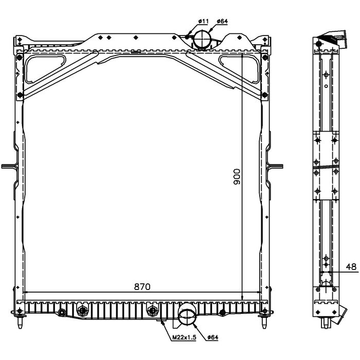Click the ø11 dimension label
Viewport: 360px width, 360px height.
(x=203, y=21)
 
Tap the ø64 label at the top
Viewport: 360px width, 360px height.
(x=222, y=21)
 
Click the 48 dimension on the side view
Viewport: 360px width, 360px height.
(x=351, y=266)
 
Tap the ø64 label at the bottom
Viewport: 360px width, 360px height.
(x=213, y=337)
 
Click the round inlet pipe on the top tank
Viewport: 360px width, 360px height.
(x=202, y=38)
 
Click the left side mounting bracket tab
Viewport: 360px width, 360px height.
(x=9, y=166)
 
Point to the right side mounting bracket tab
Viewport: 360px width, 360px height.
(x=277, y=166)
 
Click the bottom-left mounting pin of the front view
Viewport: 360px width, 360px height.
(x=19, y=323)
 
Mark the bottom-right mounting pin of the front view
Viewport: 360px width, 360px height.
(x=265, y=323)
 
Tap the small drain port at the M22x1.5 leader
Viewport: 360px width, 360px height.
(x=163, y=321)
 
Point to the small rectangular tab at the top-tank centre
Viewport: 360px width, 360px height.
(x=135, y=51)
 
